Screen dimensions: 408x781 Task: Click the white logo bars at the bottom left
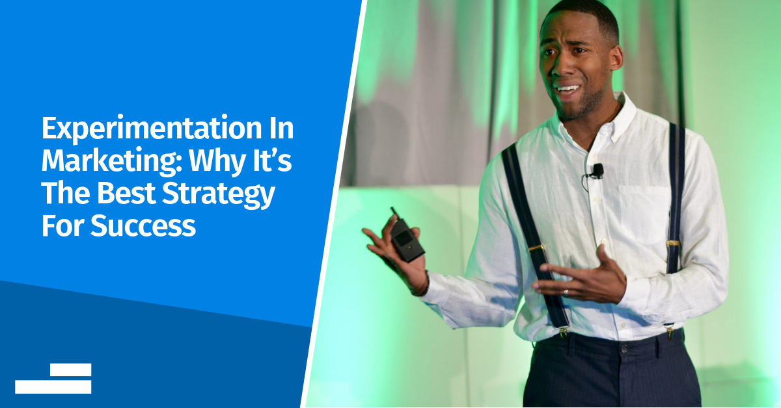pos(53,378)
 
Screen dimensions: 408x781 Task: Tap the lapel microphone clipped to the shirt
pos(597,170)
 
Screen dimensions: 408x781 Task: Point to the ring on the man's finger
pos(566,293)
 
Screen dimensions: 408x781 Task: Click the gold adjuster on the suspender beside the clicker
pos(536,248)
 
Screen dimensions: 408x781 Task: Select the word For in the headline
pos(64,226)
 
